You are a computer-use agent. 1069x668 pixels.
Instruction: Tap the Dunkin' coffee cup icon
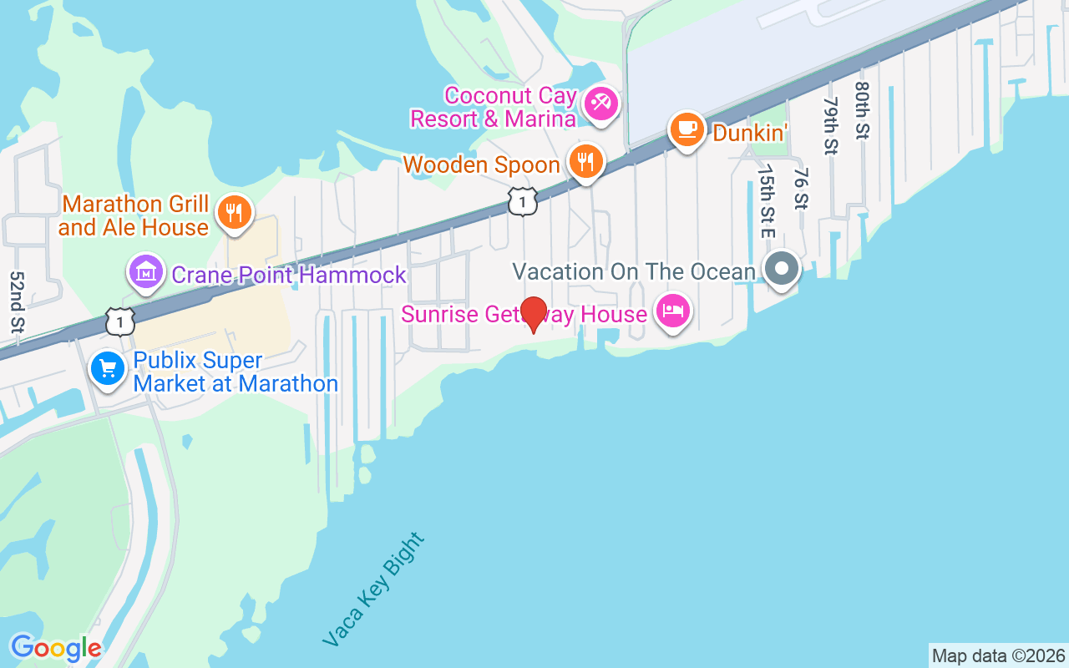[x=686, y=129]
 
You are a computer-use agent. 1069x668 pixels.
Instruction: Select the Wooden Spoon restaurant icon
[x=585, y=160]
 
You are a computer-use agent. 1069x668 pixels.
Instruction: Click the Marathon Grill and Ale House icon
[x=235, y=211]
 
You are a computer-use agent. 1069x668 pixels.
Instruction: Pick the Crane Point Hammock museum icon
[x=146, y=272]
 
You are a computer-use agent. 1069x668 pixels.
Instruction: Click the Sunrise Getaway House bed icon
[x=673, y=311]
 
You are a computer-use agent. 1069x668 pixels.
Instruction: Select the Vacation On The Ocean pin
[x=782, y=269]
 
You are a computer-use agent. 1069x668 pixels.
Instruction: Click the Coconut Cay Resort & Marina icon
[x=600, y=104]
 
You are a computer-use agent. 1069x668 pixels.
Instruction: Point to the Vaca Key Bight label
[x=374, y=590]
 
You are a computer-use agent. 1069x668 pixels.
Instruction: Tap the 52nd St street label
[x=16, y=302]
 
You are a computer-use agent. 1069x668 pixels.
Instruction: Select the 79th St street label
[x=830, y=125]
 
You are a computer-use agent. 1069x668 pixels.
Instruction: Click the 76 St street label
[x=801, y=189]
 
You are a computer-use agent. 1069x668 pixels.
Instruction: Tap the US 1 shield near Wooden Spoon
[x=523, y=201]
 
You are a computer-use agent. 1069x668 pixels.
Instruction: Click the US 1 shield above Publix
[x=120, y=321]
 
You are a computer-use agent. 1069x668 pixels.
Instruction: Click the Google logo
[x=56, y=647]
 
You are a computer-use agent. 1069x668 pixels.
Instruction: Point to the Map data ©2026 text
[x=999, y=655]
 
